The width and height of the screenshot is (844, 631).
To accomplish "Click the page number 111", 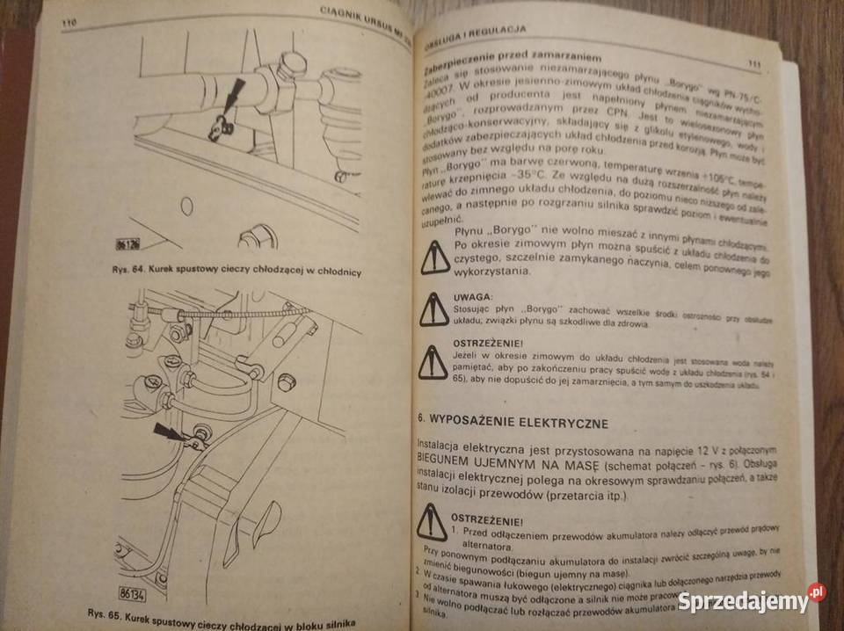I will (753, 63).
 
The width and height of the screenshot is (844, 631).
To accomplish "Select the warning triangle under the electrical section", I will (433, 522).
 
